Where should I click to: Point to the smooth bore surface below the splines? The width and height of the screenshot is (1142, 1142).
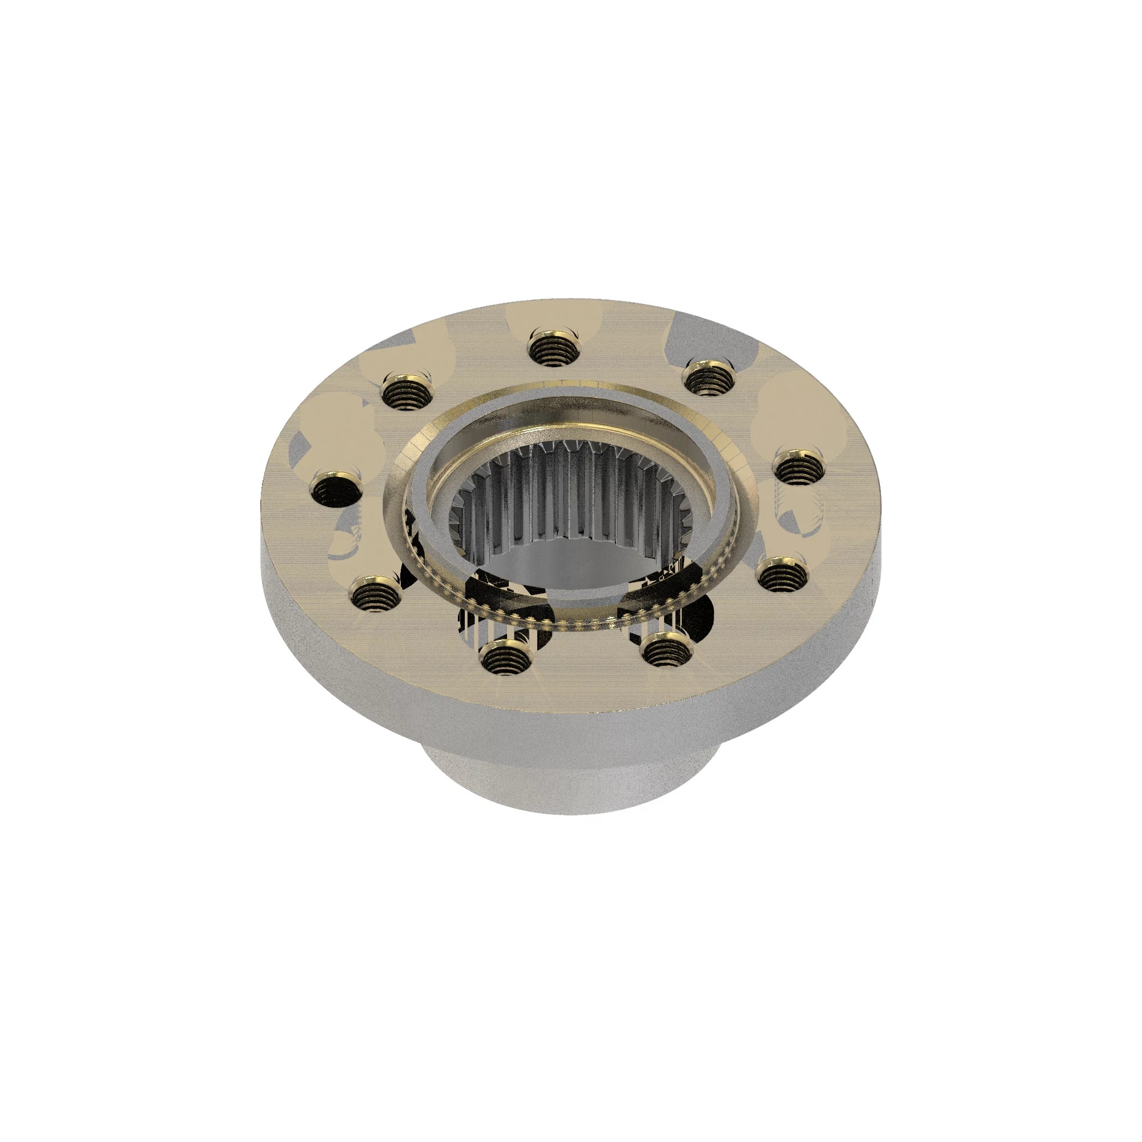568,565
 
